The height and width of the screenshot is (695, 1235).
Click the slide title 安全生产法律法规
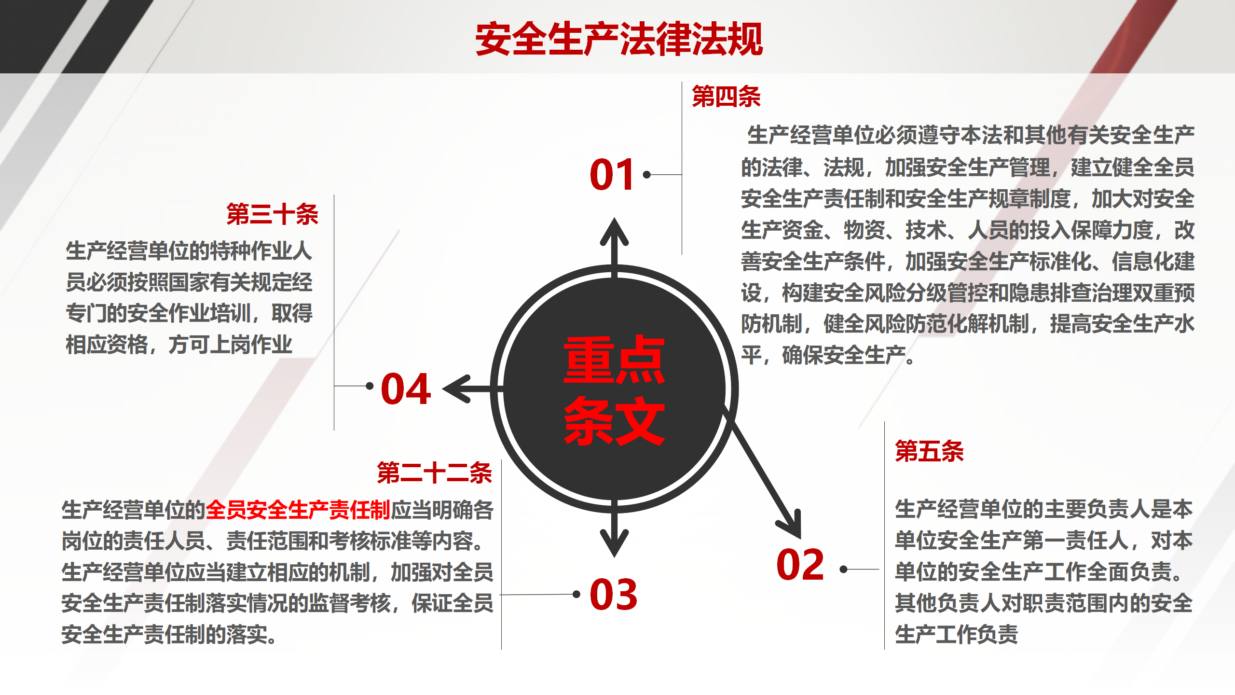(619, 39)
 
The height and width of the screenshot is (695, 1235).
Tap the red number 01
(612, 174)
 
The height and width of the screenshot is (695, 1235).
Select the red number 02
(800, 564)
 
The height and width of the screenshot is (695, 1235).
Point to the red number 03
(614, 594)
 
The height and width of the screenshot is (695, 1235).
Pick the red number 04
(406, 389)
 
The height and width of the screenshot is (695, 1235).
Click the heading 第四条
(726, 96)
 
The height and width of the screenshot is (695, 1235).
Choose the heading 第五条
(929, 451)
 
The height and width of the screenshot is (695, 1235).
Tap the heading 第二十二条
(434, 472)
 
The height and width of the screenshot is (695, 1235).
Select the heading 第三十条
(272, 214)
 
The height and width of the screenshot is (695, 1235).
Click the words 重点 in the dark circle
(614, 360)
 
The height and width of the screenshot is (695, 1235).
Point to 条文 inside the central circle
(614, 421)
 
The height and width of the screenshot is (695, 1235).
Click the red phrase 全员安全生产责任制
(298, 510)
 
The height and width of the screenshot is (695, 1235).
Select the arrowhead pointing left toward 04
(455, 389)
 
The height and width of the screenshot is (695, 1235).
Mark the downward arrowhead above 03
(614, 543)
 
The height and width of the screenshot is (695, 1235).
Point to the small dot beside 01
(647, 175)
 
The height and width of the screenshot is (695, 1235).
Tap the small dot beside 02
(844, 570)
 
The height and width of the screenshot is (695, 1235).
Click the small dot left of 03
(576, 594)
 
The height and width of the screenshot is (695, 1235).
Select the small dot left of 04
(370, 386)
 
